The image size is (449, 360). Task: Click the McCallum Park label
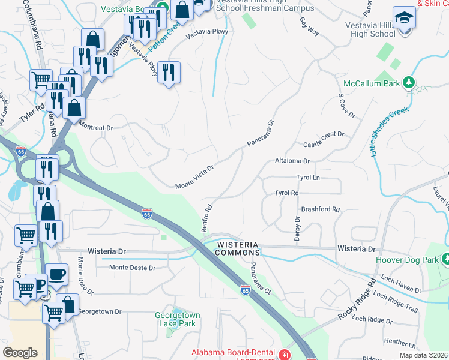coord(371,83)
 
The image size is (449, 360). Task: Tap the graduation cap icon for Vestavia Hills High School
coord(404,18)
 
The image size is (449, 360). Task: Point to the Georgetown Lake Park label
coord(177,319)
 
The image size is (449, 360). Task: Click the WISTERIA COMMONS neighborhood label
coord(237,249)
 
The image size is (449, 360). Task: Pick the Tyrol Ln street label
coord(309,178)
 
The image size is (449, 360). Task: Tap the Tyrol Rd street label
coord(286,193)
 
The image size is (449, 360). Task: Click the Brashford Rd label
coord(321,210)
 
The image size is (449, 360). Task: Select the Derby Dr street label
coord(297,228)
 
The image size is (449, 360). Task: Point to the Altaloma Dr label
coord(292,161)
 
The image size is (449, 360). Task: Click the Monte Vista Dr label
coord(194,176)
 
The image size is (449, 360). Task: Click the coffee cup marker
coord(56,275)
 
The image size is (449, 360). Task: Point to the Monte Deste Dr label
coord(133,268)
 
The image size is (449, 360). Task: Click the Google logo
coord(20,352)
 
